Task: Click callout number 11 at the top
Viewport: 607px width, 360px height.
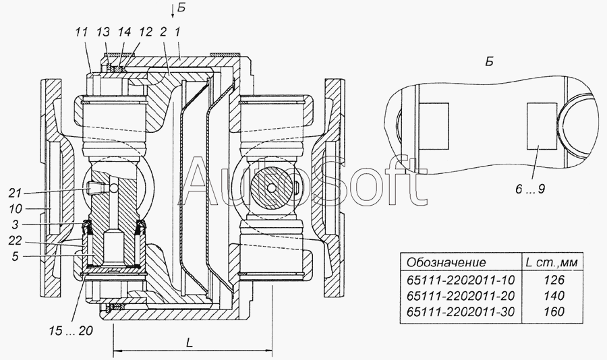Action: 82,32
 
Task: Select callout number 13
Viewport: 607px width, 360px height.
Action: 104,32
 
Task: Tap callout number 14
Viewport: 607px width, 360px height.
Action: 125,32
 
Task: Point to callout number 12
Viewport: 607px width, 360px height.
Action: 146,32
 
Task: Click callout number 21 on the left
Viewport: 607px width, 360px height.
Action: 15,193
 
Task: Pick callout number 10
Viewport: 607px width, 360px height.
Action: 16,209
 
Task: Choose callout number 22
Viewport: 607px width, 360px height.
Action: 15,241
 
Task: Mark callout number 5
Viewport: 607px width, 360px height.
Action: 15,257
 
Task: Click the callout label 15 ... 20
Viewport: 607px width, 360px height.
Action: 71,330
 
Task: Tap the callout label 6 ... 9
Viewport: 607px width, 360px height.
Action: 530,189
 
